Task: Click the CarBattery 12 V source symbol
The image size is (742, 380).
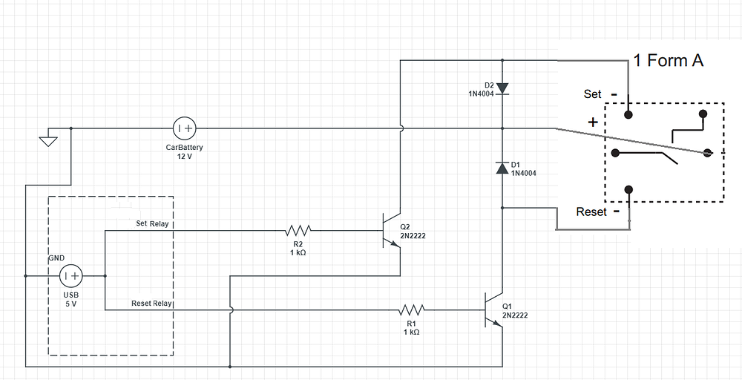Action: tap(184, 128)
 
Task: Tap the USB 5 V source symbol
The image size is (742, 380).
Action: tap(70, 276)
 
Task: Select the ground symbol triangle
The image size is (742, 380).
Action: tap(48, 140)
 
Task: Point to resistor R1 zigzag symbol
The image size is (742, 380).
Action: tap(412, 309)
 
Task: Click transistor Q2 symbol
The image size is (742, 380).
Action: tap(390, 231)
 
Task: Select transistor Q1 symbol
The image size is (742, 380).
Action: tap(493, 309)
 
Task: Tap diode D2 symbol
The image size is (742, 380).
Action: tap(502, 88)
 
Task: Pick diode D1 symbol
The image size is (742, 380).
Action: tap(502, 168)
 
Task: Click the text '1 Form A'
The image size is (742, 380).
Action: tap(668, 61)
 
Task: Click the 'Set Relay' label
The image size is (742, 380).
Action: tap(152, 223)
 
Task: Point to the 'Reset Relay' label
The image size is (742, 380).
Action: tap(151, 303)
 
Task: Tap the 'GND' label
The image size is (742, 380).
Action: tap(57, 258)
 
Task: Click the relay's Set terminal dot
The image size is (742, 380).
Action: tap(628, 114)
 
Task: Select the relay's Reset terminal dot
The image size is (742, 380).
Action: tap(629, 190)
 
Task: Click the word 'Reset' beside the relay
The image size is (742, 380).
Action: tap(591, 212)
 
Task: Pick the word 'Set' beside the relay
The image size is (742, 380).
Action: tap(593, 94)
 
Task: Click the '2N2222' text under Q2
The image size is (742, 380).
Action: tap(413, 237)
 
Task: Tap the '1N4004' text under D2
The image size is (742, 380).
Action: tap(480, 94)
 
